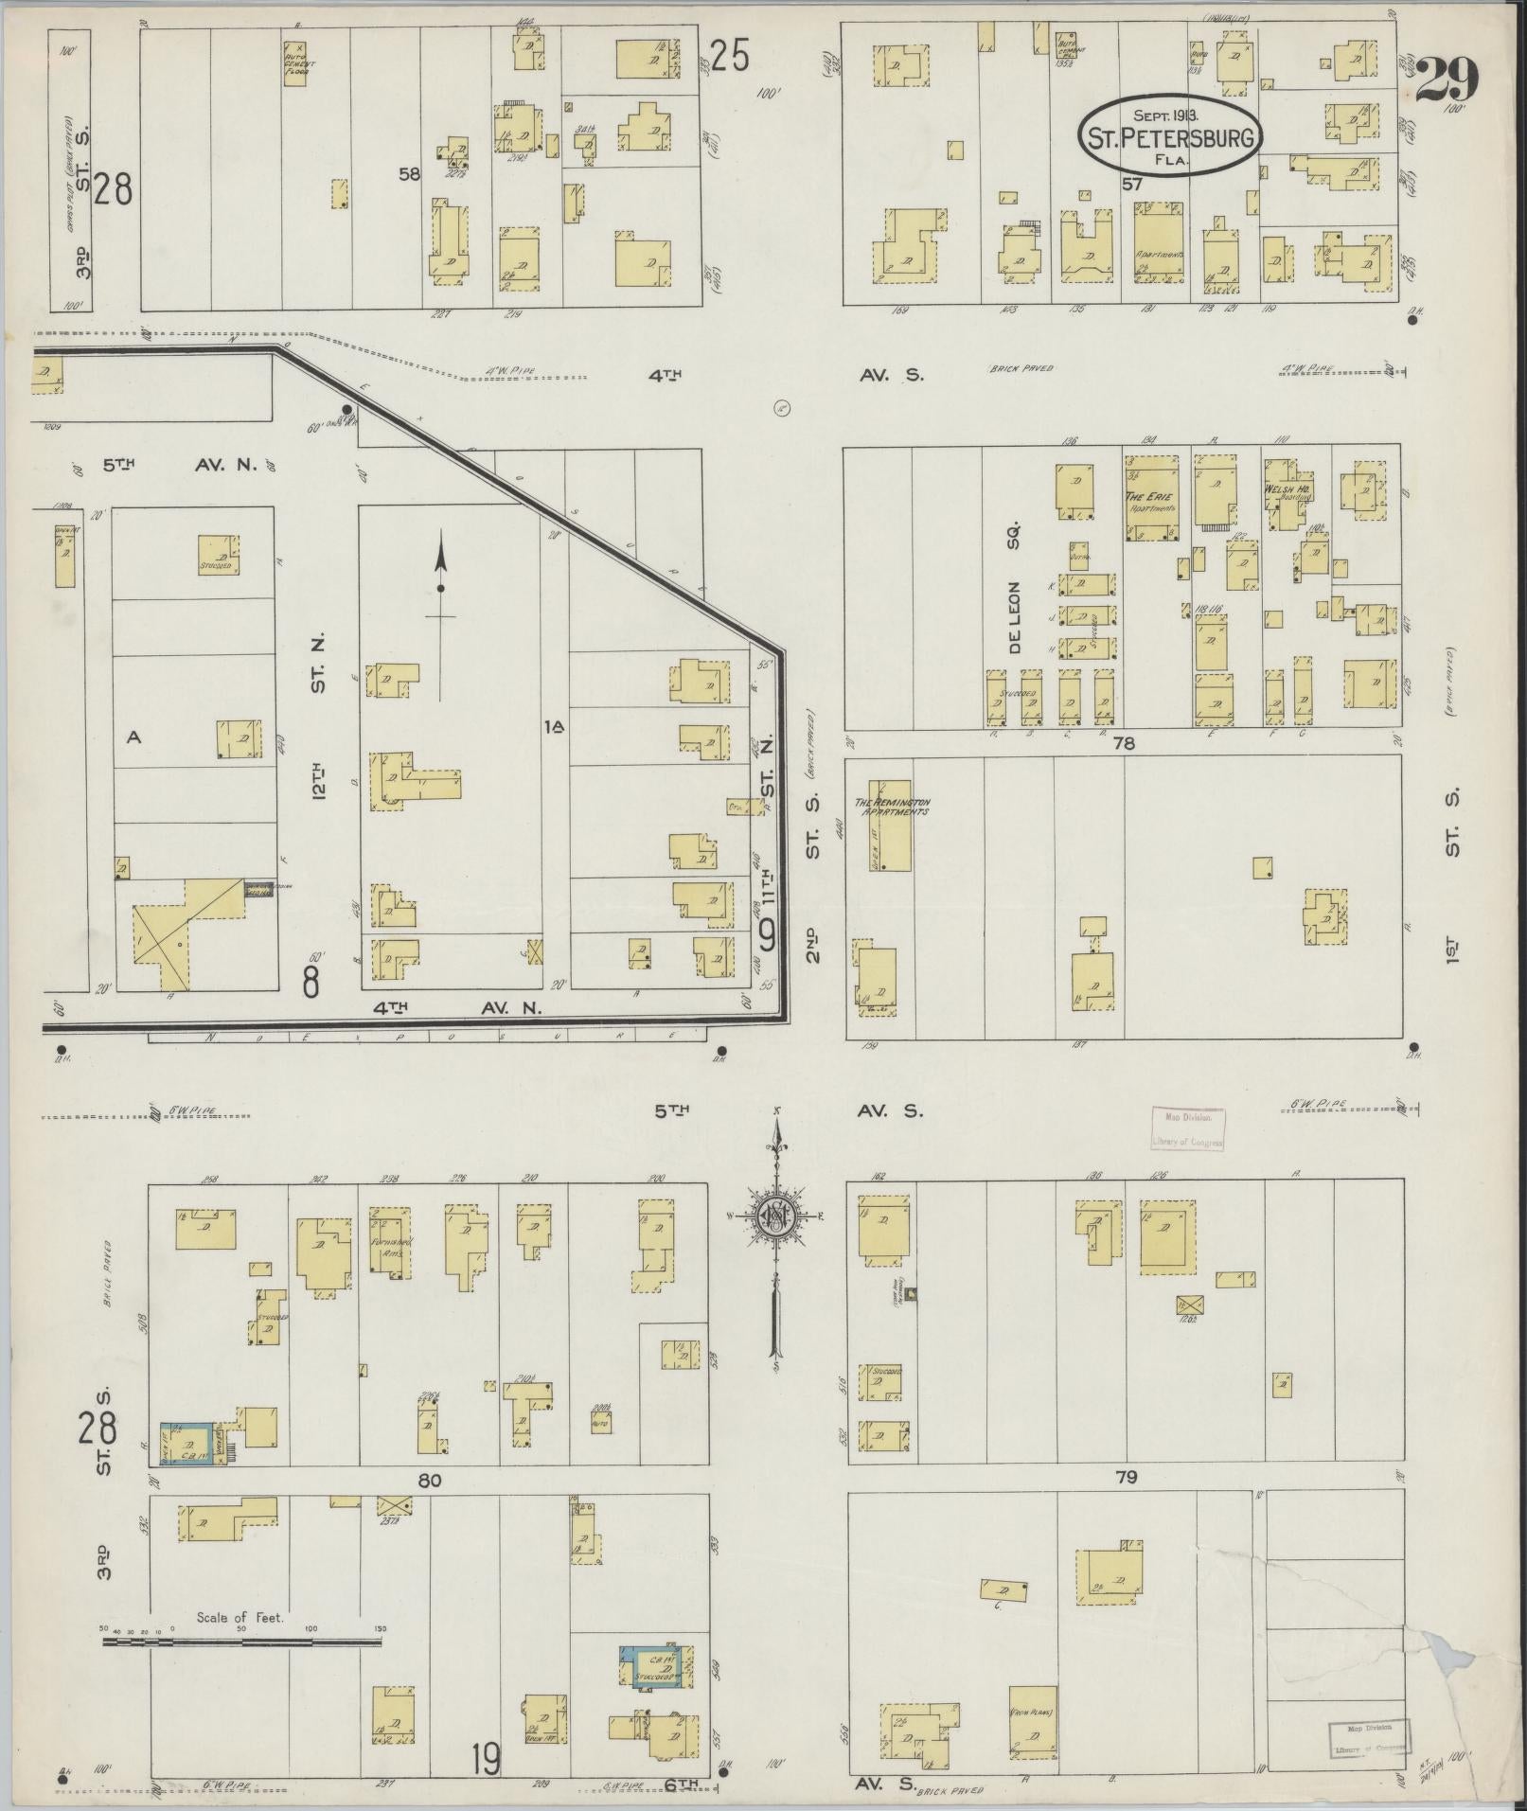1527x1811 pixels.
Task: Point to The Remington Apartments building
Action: (890, 825)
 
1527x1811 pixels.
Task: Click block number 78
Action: (1124, 744)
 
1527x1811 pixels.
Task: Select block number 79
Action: (1126, 1476)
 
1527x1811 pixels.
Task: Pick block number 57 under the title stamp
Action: (1132, 185)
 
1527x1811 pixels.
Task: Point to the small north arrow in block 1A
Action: (440, 587)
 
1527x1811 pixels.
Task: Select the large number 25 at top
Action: (730, 57)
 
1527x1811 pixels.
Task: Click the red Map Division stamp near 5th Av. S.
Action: (1188, 1128)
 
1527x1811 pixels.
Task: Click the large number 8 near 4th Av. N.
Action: (311, 983)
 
